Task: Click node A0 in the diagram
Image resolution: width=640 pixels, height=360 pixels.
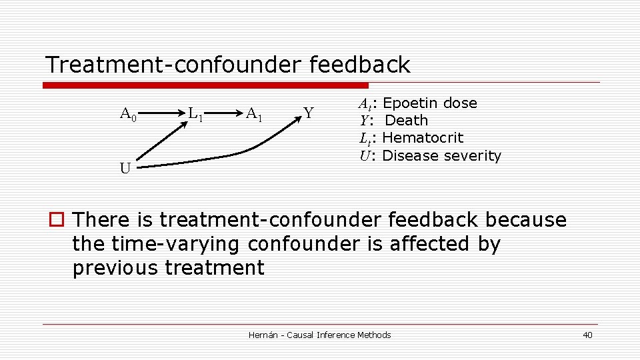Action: click(128, 115)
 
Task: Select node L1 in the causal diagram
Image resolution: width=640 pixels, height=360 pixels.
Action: click(195, 115)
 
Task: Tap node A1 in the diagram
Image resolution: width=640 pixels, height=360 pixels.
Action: click(254, 114)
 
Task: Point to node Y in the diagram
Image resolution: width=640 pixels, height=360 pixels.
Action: click(308, 113)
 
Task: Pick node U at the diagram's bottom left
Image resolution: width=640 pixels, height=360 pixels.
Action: click(125, 168)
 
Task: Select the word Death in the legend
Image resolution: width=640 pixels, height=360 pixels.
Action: click(407, 121)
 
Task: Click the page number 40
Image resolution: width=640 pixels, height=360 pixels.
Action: click(587, 335)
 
